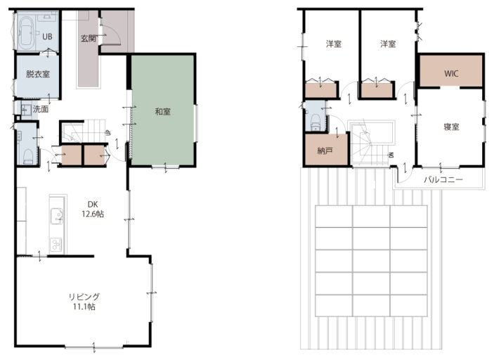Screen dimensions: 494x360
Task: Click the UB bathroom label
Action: coord(47,37)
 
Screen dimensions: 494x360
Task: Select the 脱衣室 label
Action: coord(38,74)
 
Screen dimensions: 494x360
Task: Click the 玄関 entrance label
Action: coord(89,39)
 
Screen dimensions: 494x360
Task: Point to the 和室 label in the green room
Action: coord(162,112)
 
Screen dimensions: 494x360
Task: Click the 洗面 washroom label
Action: coord(41,109)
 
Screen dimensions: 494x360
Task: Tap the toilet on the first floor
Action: coord(28,156)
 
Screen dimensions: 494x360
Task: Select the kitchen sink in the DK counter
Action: coord(57,217)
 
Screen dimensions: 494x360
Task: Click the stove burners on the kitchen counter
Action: coord(57,244)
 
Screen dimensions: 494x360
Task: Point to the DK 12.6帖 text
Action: coord(93,209)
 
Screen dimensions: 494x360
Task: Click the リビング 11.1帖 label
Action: coord(84,302)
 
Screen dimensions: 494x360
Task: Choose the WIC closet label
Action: coord(451,73)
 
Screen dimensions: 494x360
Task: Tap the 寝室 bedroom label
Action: coord(451,127)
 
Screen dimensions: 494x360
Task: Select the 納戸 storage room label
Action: coord(325,150)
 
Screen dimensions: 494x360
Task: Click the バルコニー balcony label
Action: coord(443,180)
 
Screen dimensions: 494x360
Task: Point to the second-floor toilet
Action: coord(315,122)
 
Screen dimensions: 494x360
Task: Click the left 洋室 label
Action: coord(334,44)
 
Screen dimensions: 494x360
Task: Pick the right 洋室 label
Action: coord(388,44)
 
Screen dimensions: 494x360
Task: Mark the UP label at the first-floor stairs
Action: coord(108,133)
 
